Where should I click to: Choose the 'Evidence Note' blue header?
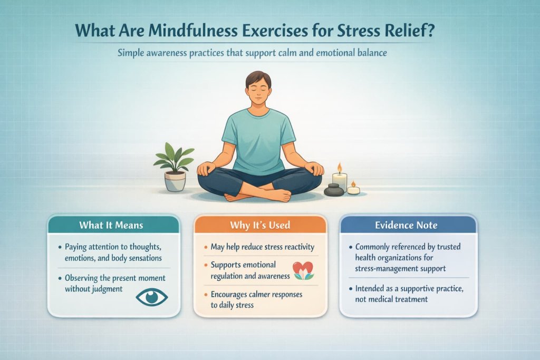407,225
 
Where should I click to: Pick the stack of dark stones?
333,190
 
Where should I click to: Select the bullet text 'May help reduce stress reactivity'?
262,247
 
